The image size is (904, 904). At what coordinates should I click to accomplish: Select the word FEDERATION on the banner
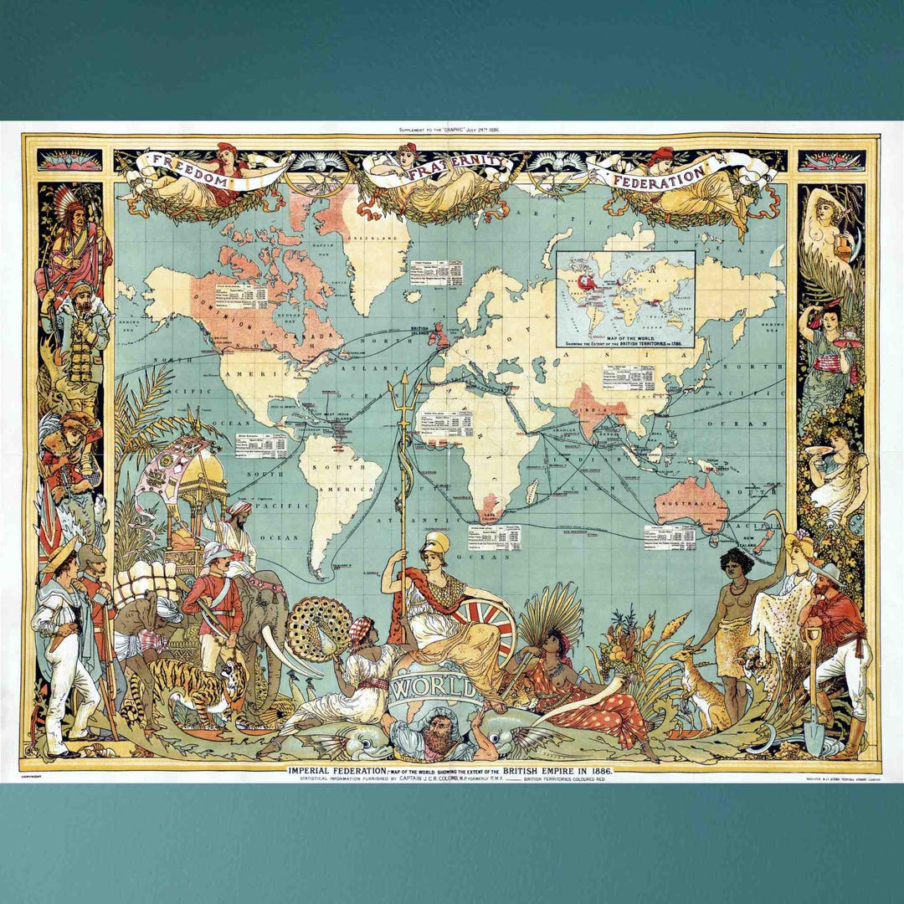coord(659,176)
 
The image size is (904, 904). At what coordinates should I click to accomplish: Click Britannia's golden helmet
coord(437,545)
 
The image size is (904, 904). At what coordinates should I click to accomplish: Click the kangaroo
coord(701,682)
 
